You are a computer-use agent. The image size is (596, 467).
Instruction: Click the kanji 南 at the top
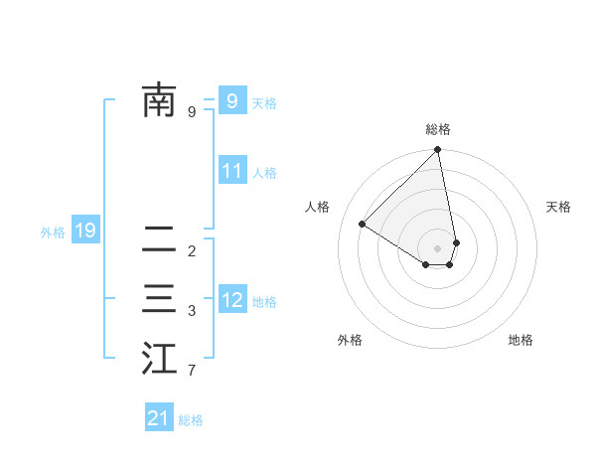[x=159, y=100]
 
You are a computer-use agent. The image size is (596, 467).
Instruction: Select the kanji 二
[x=159, y=239]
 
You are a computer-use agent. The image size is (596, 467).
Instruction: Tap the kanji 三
[x=159, y=299]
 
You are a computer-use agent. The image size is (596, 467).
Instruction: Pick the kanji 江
[x=159, y=359]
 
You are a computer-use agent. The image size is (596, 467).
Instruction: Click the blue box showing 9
[x=231, y=100]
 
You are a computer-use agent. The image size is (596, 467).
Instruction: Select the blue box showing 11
[x=231, y=170]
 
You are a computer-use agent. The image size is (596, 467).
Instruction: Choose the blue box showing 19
[x=84, y=232]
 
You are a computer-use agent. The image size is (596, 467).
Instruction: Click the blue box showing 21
[x=159, y=418]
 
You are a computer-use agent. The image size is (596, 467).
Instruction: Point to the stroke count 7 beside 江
[x=192, y=372]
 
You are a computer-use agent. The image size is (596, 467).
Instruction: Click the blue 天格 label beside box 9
[x=264, y=103]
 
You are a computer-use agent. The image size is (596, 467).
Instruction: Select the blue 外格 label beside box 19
[x=53, y=233]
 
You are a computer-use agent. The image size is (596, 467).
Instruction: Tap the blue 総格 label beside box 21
[x=191, y=420]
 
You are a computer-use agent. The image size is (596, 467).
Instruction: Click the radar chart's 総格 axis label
[x=438, y=129]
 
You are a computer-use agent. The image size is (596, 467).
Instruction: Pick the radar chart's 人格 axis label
[x=318, y=207]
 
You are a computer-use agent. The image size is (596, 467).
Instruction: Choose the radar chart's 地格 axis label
[x=521, y=340]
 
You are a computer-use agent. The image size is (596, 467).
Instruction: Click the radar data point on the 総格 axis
[x=438, y=150]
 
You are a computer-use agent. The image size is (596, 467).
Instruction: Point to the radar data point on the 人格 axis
[x=363, y=225]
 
